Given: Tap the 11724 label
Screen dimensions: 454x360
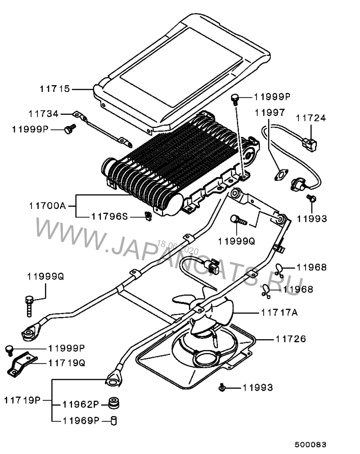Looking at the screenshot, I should (x=311, y=118).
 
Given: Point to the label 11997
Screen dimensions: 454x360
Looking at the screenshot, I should (x=269, y=112).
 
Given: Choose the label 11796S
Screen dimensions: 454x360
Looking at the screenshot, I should (x=109, y=217).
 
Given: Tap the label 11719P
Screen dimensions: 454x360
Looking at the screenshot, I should (x=22, y=400).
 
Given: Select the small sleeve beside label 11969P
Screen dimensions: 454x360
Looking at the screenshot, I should (x=114, y=420).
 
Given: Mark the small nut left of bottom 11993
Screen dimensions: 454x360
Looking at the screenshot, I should (x=221, y=387).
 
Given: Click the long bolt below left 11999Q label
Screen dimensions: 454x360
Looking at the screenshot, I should (x=29, y=306).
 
